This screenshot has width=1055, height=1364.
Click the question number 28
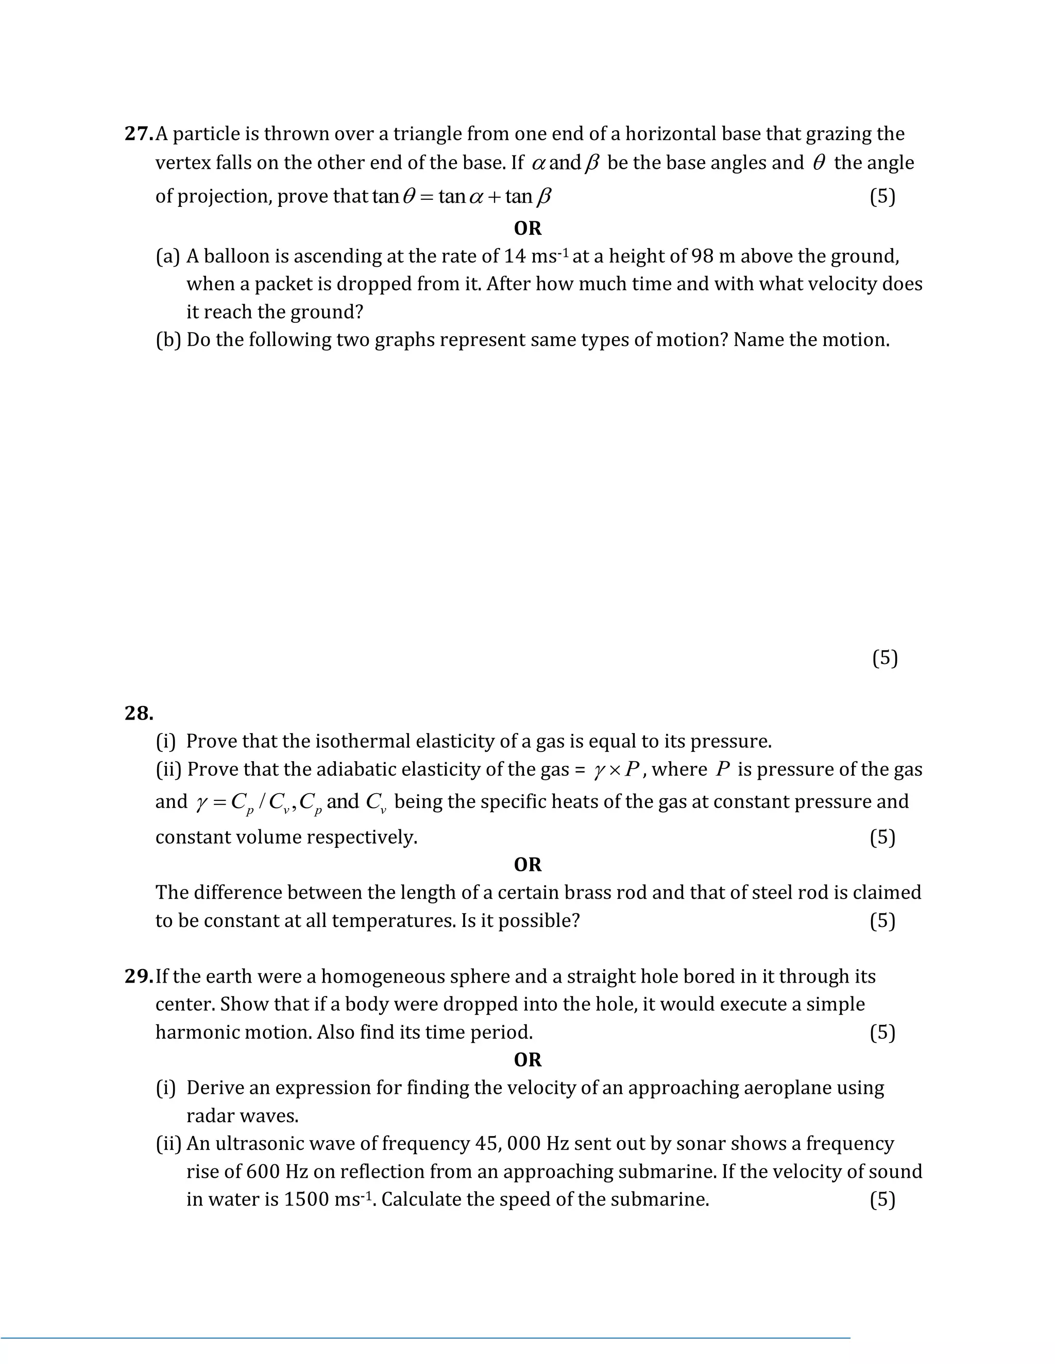pos(138,713)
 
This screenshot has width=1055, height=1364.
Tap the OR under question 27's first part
pos(527,229)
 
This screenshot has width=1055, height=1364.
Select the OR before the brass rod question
pos(527,865)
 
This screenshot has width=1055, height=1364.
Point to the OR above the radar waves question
pos(527,1060)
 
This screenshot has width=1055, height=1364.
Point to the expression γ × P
pos(616,770)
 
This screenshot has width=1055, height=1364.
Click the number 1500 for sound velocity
pos(305,1199)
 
